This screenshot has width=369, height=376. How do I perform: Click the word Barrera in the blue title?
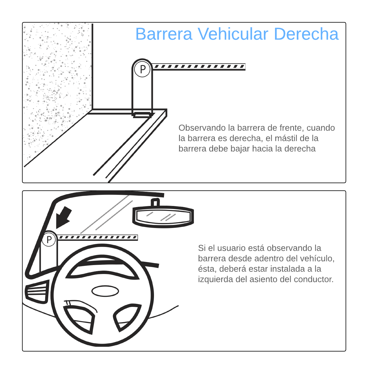(164, 34)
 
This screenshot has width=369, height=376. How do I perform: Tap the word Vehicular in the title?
(233, 34)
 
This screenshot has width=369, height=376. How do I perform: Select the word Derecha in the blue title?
(306, 34)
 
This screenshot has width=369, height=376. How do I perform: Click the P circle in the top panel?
(142, 69)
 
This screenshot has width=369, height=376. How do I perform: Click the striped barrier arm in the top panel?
(199, 67)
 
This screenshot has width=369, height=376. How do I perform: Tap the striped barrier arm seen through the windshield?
(97, 237)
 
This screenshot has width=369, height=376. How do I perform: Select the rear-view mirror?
(163, 216)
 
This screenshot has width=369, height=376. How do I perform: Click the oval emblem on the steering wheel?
(105, 291)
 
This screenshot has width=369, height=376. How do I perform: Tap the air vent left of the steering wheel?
(37, 292)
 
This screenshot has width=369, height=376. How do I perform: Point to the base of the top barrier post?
(143, 115)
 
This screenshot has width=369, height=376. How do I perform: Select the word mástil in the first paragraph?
(286, 138)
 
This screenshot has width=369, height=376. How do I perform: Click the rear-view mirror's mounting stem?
(155, 202)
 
